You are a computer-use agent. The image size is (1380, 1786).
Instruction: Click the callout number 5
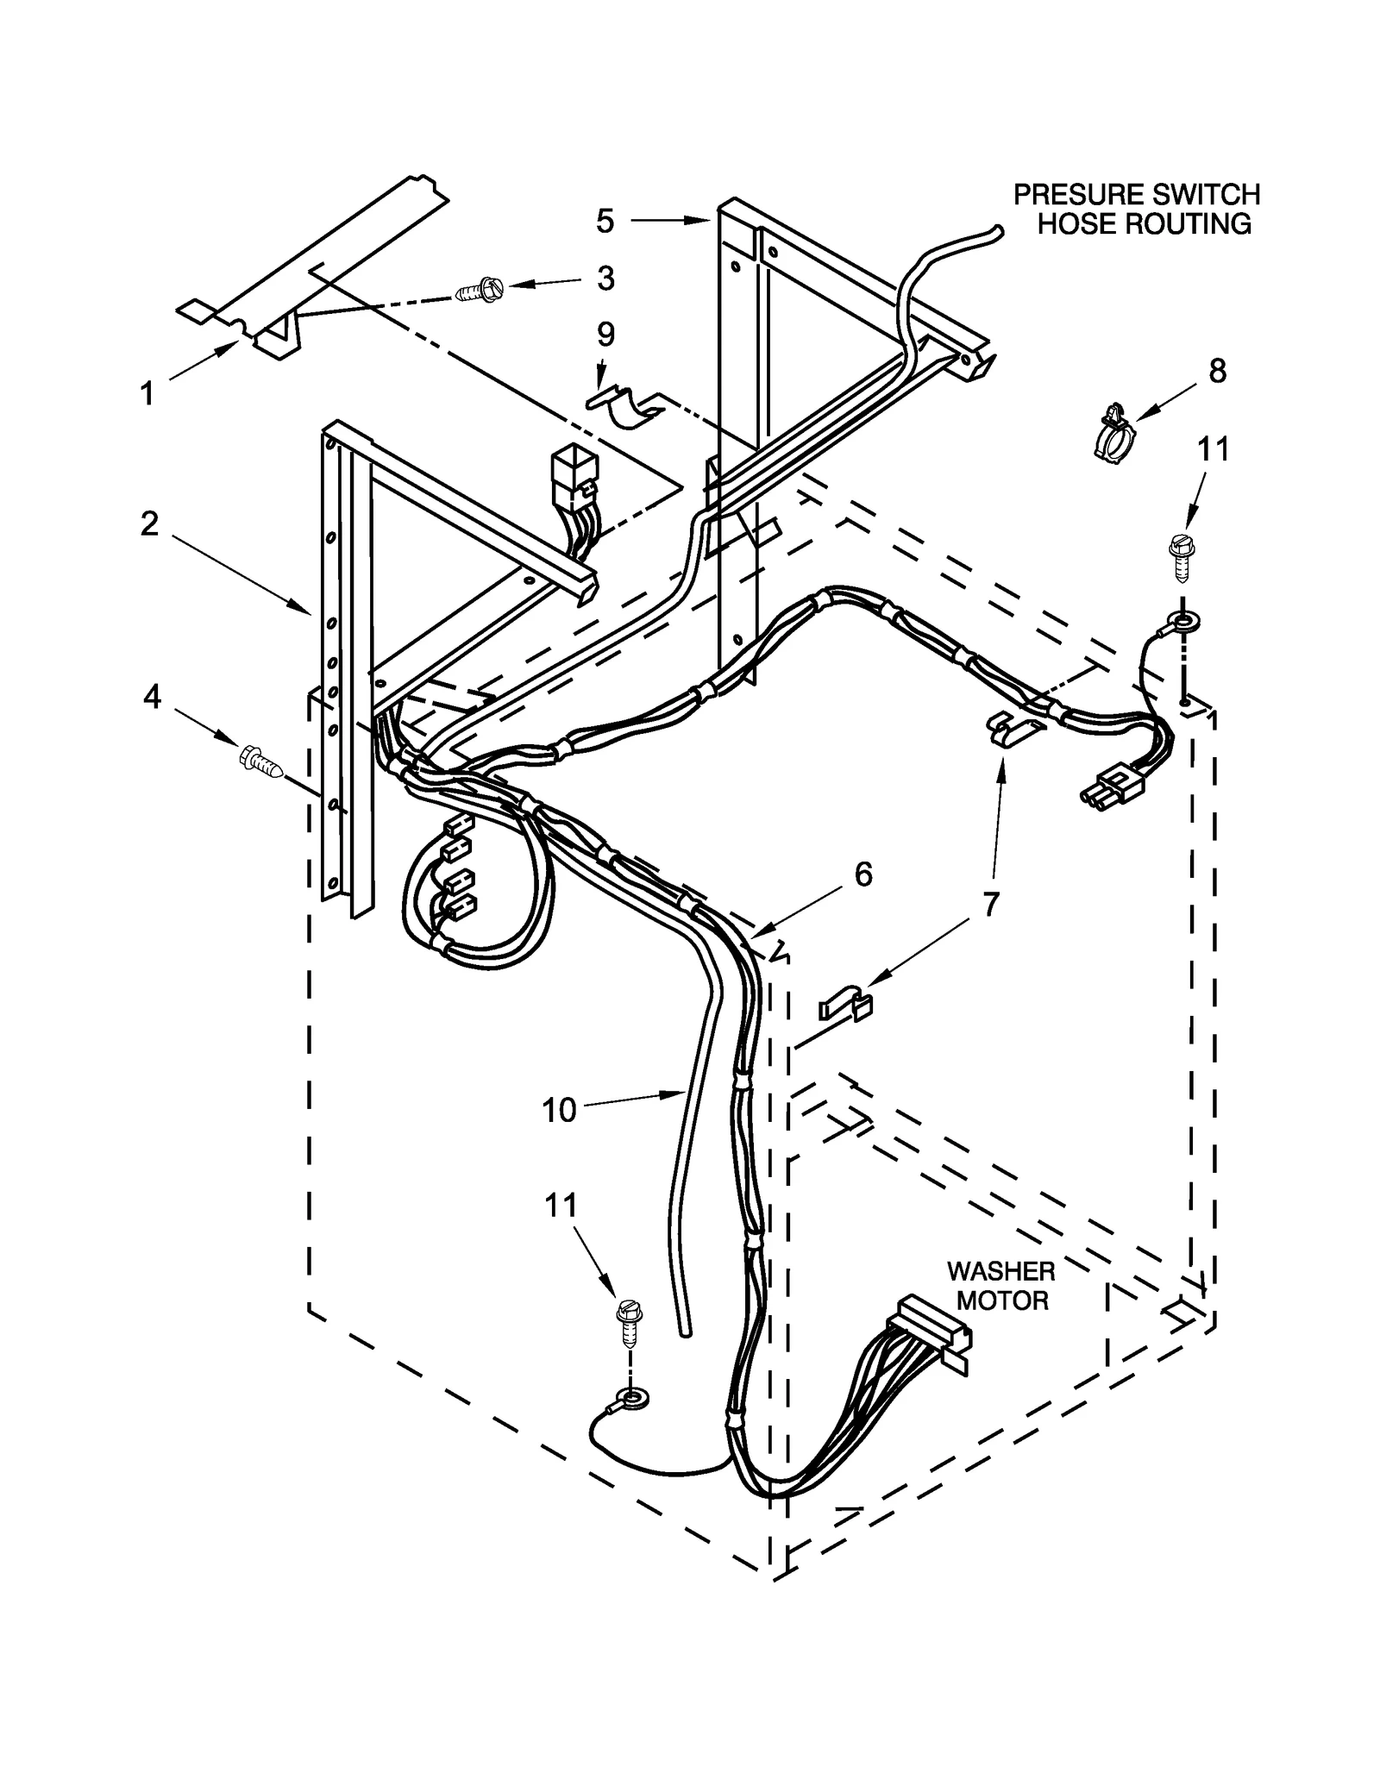(x=605, y=221)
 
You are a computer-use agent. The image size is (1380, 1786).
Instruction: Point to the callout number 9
(x=605, y=335)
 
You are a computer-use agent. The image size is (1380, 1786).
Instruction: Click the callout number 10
(x=559, y=1110)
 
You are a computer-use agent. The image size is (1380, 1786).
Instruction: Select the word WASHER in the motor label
(x=1000, y=1271)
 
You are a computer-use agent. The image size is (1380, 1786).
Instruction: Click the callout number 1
(x=147, y=394)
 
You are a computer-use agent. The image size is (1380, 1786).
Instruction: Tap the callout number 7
(x=990, y=905)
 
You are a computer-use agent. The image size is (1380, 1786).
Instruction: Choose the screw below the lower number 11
(x=627, y=1325)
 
